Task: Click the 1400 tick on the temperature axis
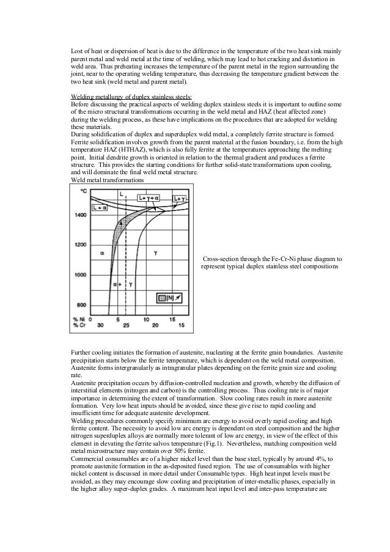(80, 215)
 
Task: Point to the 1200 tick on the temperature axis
(80, 245)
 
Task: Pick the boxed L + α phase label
(98, 208)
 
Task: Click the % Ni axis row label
(79, 319)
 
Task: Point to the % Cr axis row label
(79, 325)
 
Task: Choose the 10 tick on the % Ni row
(145, 319)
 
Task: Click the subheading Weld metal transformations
(108, 181)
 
